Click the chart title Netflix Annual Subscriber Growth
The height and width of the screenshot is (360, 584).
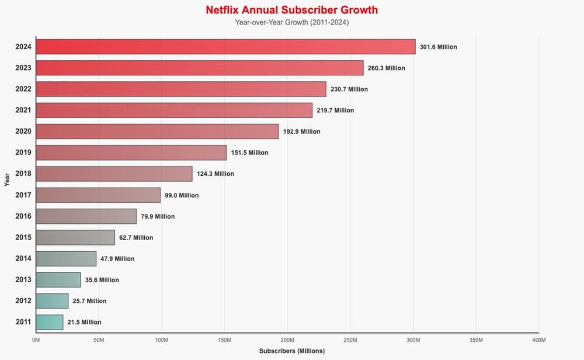pyautogui.click(x=291, y=11)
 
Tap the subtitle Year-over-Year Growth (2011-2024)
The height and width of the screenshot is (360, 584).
pyautogui.click(x=291, y=23)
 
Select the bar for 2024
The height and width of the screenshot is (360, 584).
pyautogui.click(x=225, y=47)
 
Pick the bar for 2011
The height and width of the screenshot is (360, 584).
pyautogui.click(x=50, y=322)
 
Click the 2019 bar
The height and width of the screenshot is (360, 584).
pyautogui.click(x=131, y=153)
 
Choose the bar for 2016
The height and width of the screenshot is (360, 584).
pyautogui.click(x=86, y=216)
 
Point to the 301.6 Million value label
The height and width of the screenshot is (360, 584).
pyautogui.click(x=438, y=47)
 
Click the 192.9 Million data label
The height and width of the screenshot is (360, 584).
pyautogui.click(x=301, y=131)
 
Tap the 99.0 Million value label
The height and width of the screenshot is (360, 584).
pyautogui.click(x=182, y=195)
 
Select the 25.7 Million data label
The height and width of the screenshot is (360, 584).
pyautogui.click(x=89, y=301)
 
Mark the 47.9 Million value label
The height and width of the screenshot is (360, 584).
pyautogui.click(x=117, y=258)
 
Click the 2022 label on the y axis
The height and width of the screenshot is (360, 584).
pyautogui.click(x=23, y=89)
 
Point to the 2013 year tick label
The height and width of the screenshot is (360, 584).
pyautogui.click(x=23, y=279)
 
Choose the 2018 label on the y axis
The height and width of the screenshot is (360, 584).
pyautogui.click(x=23, y=174)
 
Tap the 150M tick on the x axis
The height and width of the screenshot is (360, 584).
pyautogui.click(x=225, y=340)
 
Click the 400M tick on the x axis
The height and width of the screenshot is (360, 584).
pyautogui.click(x=539, y=340)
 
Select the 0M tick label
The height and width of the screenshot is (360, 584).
pyautogui.click(x=36, y=340)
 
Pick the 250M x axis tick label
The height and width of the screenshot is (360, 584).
pyautogui.click(x=350, y=340)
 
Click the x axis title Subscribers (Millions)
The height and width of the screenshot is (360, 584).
pyautogui.click(x=291, y=351)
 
